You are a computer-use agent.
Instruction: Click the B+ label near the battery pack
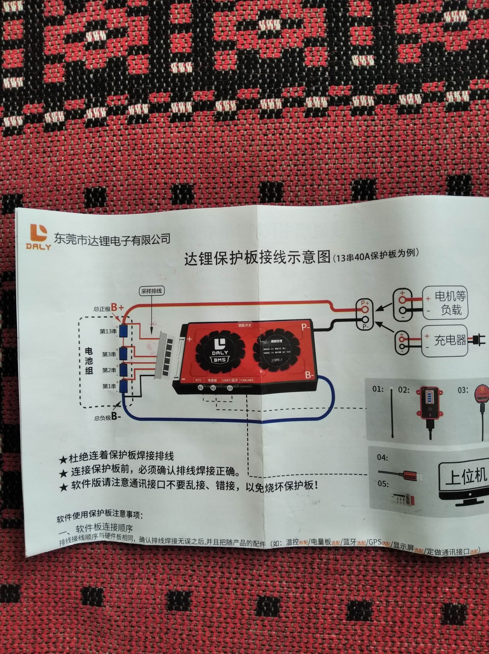click(117, 307)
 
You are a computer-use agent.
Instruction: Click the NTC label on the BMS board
click(199, 380)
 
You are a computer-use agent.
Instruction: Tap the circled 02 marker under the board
click(213, 388)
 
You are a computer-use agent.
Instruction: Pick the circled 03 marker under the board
click(230, 388)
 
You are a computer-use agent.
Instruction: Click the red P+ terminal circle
click(365, 309)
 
